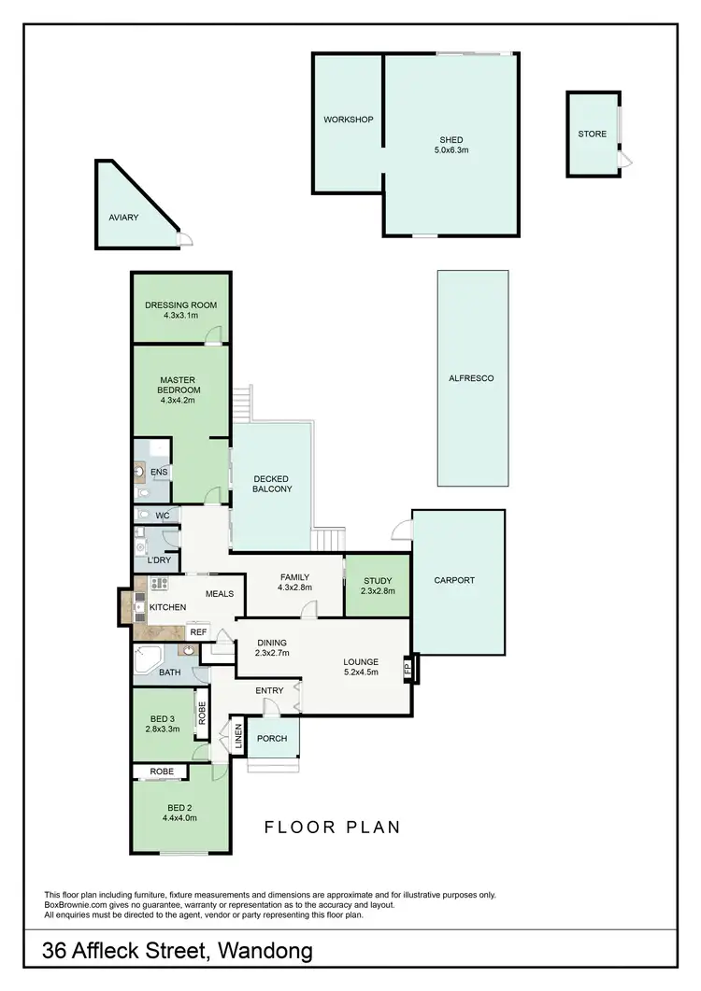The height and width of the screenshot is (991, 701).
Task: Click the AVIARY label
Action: point(123,218)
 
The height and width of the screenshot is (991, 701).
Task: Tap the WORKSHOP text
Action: point(348,120)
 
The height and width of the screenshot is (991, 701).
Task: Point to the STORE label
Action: point(592,134)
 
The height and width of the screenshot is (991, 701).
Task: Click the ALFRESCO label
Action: point(472,378)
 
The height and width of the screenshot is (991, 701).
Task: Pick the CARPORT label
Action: point(454,580)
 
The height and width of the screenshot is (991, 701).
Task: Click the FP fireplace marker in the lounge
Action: point(407,669)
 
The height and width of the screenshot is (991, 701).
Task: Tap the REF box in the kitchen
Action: point(197,632)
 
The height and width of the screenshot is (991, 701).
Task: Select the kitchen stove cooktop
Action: point(159,584)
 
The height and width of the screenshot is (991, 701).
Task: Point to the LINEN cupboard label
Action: point(237,737)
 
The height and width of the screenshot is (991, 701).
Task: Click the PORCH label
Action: point(272,739)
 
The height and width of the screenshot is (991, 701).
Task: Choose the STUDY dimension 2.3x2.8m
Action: point(378,591)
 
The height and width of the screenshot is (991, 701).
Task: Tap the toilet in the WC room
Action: point(144,515)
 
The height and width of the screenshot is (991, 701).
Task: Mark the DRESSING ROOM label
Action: point(180,304)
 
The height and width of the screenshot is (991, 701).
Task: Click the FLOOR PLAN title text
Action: point(332,827)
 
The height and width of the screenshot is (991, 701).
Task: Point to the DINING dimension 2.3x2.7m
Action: point(266,654)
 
